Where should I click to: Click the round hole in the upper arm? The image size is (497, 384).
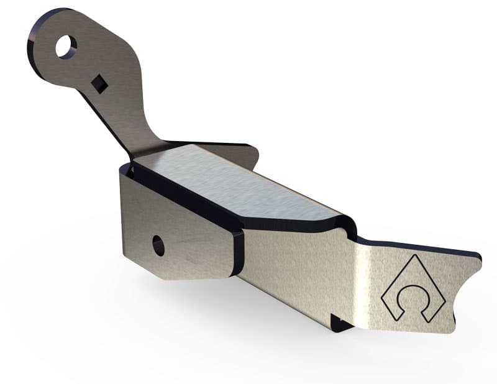click(65, 47)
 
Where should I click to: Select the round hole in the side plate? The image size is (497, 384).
click(158, 246)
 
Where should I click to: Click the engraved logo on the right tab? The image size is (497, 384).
click(413, 290)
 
